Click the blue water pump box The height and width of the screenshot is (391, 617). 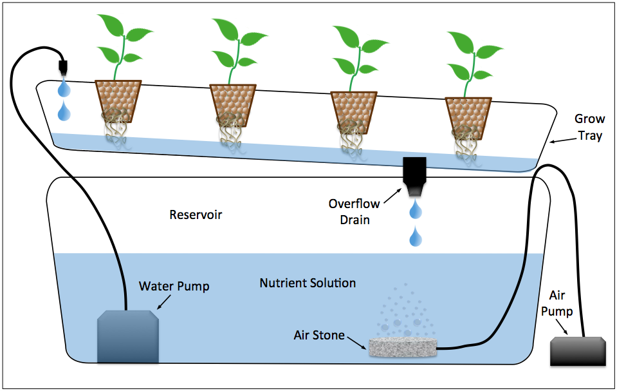(x=127, y=336)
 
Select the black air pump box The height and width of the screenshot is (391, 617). (x=579, y=352)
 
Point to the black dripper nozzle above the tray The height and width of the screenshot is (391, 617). (x=63, y=68)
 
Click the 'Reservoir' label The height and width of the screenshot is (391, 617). (x=196, y=215)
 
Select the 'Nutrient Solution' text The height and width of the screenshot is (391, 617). (x=308, y=283)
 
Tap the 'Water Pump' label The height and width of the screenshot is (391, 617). (x=174, y=286)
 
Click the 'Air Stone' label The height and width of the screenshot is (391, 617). (x=319, y=335)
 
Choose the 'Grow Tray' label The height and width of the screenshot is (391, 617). (x=588, y=128)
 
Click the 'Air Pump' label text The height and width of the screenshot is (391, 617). (x=557, y=303)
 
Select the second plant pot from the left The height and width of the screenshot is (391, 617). (x=232, y=106)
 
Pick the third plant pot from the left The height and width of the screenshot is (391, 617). (x=353, y=112)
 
